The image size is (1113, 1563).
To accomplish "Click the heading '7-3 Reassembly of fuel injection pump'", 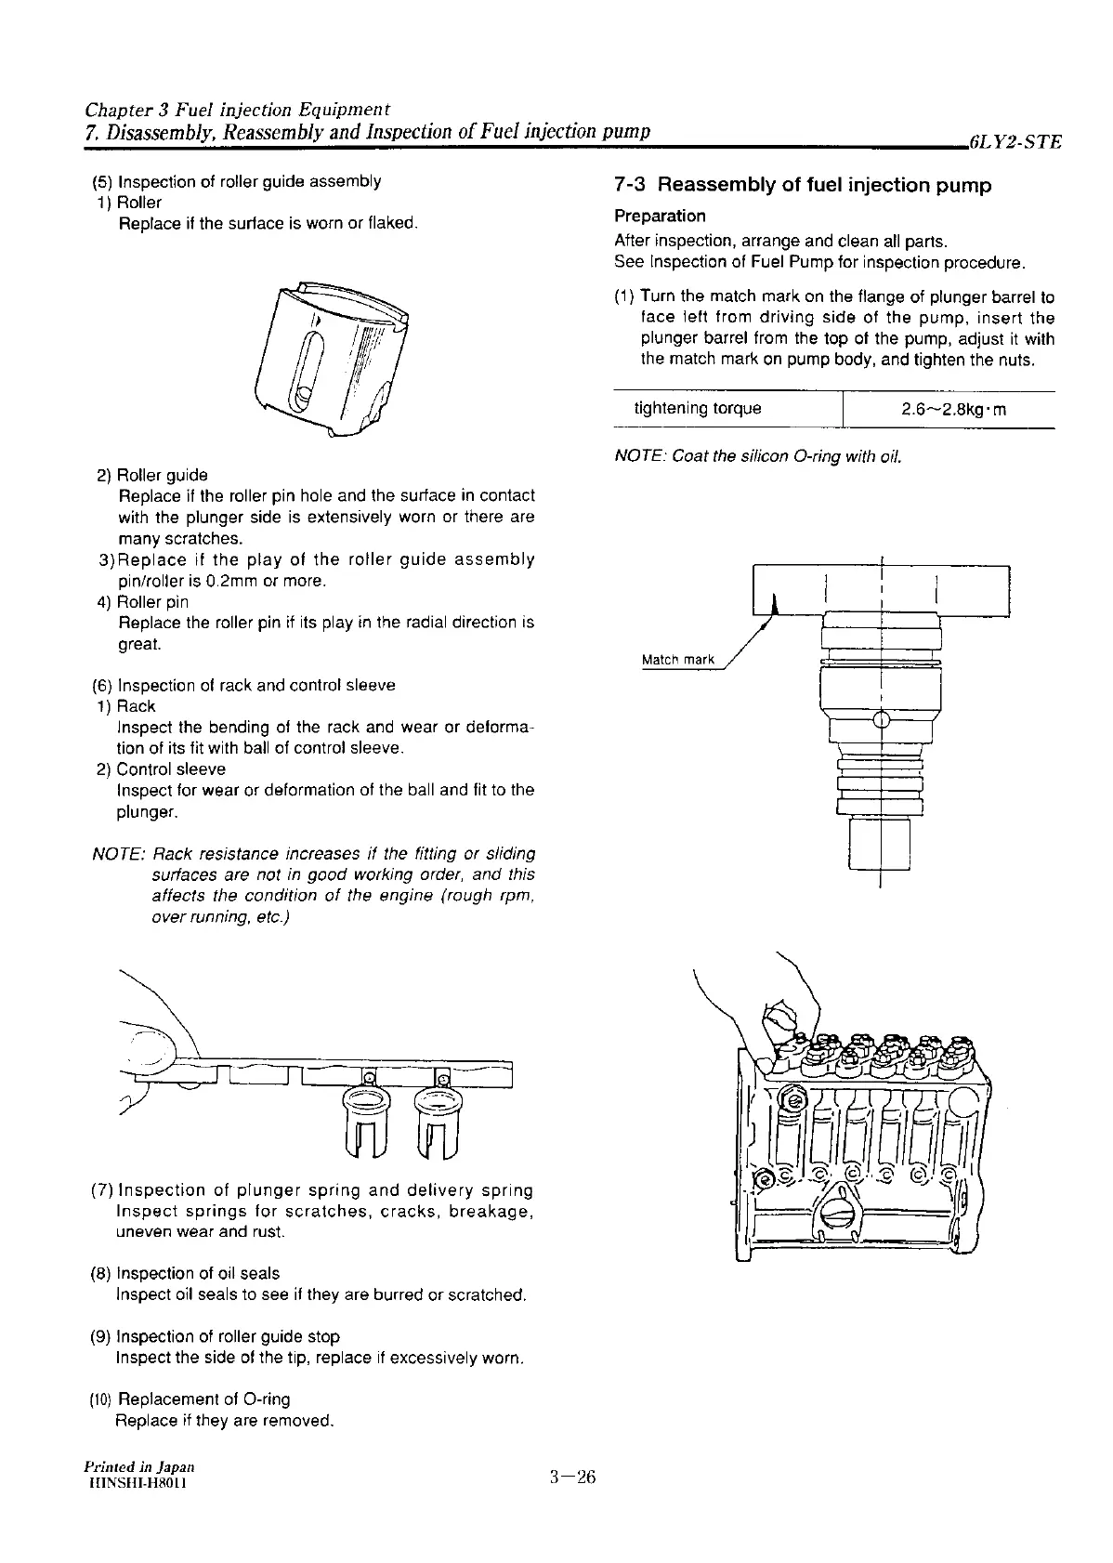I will point(803,186).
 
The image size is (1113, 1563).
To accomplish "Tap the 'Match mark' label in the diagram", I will point(678,660).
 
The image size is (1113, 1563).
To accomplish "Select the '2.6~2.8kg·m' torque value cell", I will point(948,409).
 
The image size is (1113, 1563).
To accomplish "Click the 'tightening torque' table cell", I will point(697,409).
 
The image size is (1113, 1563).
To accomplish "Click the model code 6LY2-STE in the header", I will point(1014,143).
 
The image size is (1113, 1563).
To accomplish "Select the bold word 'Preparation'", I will point(660,216).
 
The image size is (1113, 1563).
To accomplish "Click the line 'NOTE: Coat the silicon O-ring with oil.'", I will point(758,456).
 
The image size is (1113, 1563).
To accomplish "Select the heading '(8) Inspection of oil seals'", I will point(185,1273).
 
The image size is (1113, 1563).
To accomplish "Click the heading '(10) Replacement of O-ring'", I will point(190,1399).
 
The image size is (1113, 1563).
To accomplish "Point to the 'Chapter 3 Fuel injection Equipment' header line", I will point(237,108).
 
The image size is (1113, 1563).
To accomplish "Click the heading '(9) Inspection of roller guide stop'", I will point(215,1336).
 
